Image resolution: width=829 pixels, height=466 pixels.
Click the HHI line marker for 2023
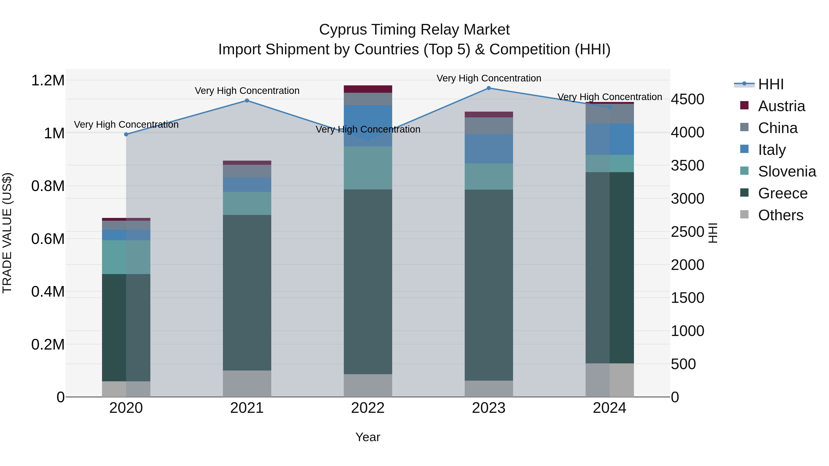[488, 88]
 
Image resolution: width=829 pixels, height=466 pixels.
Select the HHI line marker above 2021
[247, 100]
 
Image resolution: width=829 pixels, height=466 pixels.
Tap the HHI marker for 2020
[126, 134]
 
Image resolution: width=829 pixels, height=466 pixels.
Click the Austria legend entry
[781, 106]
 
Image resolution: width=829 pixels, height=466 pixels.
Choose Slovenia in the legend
[787, 171]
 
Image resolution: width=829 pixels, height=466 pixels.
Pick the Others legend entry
[780, 215]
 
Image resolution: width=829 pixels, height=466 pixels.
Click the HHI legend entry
[771, 84]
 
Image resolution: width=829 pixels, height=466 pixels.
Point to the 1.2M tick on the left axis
[48, 80]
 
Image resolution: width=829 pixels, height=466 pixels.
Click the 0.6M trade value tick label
[48, 239]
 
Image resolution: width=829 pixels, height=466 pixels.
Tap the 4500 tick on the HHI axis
[687, 99]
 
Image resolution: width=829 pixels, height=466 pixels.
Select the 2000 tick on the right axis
[687, 265]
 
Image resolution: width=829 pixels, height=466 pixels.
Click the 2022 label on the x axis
[368, 408]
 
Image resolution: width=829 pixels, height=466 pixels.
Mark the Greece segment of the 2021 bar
[247, 293]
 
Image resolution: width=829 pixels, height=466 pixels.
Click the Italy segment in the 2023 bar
[488, 149]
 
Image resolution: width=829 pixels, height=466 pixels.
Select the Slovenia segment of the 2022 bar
[368, 168]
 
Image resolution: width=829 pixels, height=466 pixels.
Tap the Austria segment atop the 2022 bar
[368, 89]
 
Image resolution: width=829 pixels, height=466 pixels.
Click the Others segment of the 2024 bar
[610, 380]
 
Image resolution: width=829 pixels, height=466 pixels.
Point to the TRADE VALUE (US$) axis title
[7, 233]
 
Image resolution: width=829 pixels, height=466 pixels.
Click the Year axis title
[368, 437]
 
